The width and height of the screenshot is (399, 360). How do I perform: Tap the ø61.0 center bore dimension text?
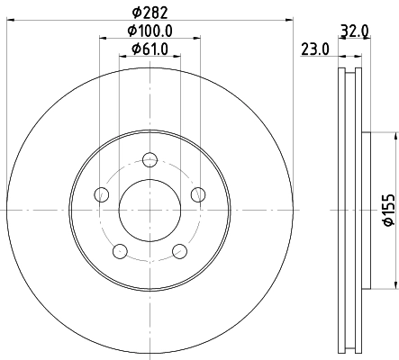150,50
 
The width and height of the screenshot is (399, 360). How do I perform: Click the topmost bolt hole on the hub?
150,160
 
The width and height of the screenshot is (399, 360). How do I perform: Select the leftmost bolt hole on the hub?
102,195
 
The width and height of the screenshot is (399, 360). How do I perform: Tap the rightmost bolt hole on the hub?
197,194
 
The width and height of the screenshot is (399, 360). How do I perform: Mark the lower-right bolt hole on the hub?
179,251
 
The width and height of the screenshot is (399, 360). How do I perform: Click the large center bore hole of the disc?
150,211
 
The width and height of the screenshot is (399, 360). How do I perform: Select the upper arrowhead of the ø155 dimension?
394,136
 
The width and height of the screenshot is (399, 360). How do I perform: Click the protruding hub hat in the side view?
366,210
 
